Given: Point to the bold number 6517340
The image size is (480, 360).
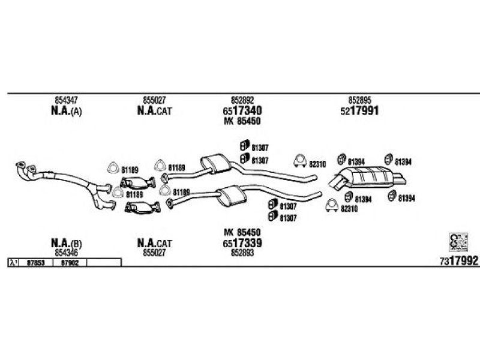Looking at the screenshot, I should click(x=243, y=111).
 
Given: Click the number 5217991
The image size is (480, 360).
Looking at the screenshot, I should click(x=361, y=111).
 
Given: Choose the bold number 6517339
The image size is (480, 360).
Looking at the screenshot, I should click(x=243, y=243).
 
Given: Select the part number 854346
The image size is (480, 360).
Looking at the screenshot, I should click(x=65, y=253).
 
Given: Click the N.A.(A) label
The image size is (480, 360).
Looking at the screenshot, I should click(x=65, y=112).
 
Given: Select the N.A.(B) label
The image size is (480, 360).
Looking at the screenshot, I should click(x=65, y=243).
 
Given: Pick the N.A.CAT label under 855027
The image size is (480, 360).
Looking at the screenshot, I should click(x=155, y=112).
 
